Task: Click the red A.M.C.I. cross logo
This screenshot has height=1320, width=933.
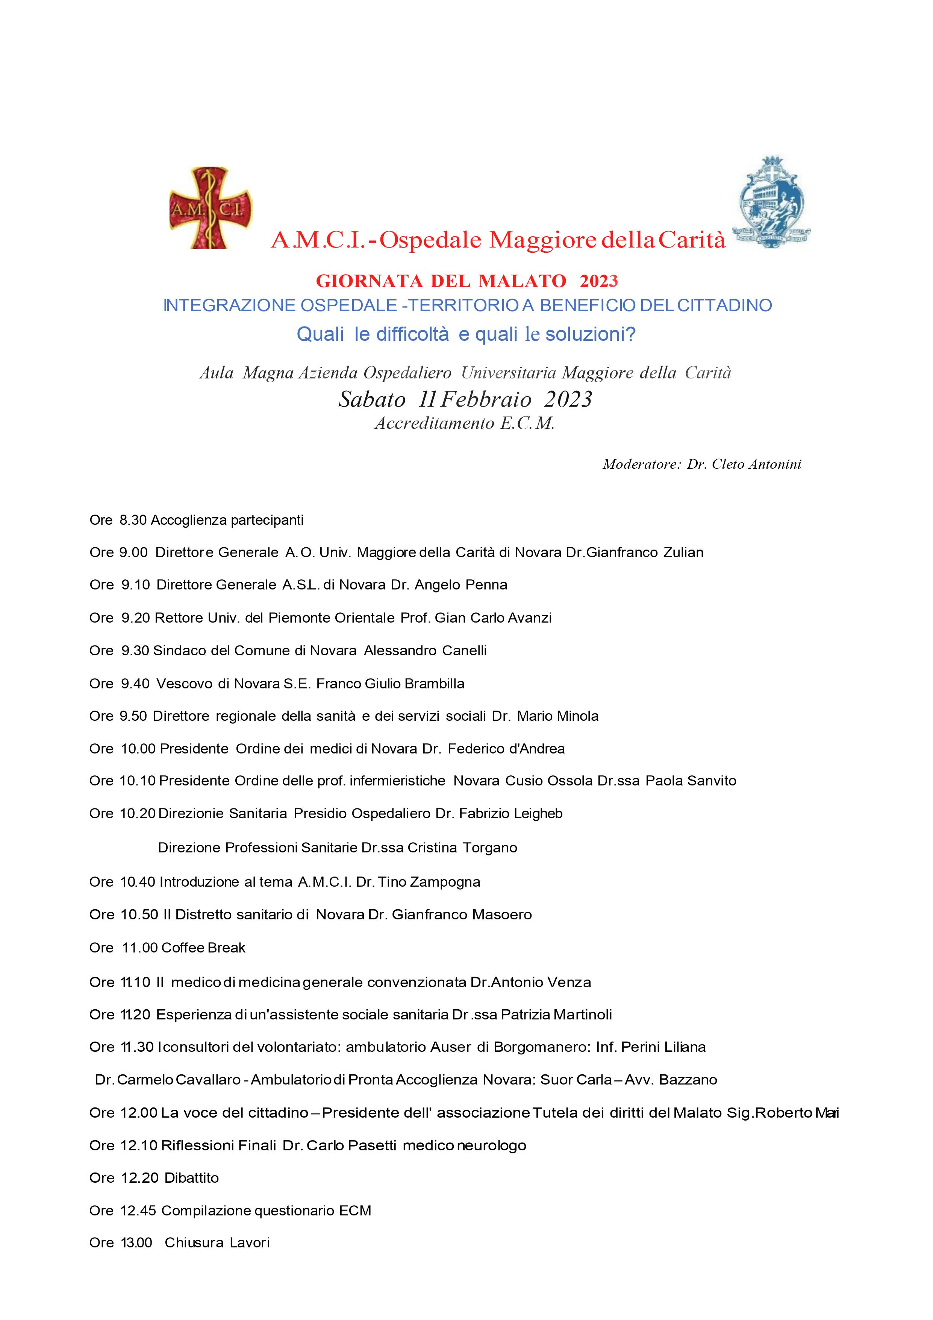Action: [210, 208]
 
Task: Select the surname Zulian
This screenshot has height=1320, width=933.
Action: [683, 553]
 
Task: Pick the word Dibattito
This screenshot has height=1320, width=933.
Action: [191, 1178]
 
